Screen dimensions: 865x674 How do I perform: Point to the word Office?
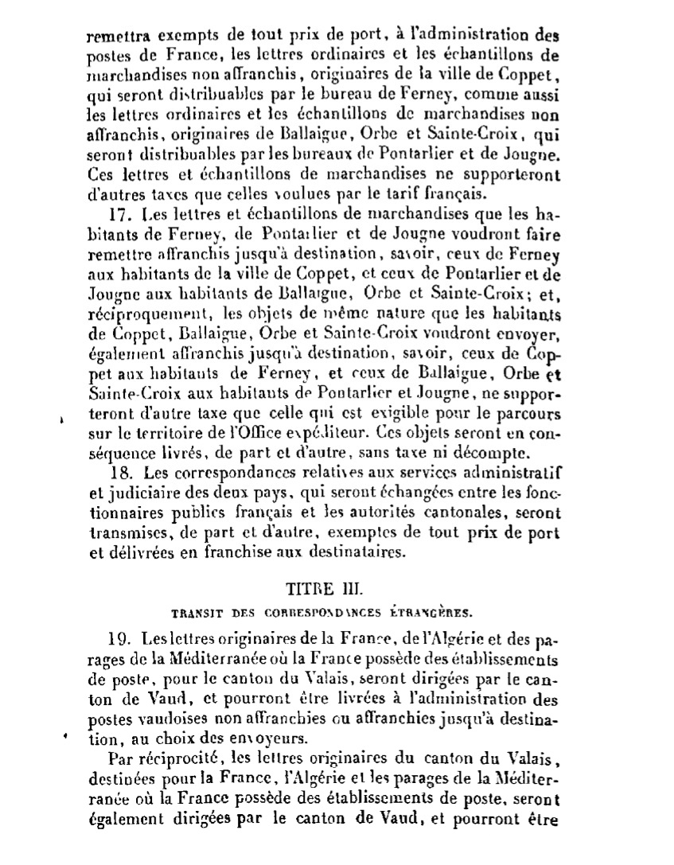[298, 434]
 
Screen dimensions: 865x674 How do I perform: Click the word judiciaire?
[130, 493]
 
